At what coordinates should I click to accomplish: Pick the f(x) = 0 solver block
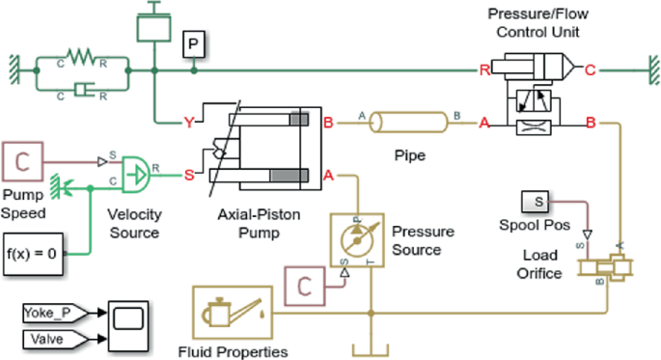(x=34, y=256)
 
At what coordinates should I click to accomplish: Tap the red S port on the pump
(x=189, y=175)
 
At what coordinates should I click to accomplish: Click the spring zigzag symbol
(x=83, y=60)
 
